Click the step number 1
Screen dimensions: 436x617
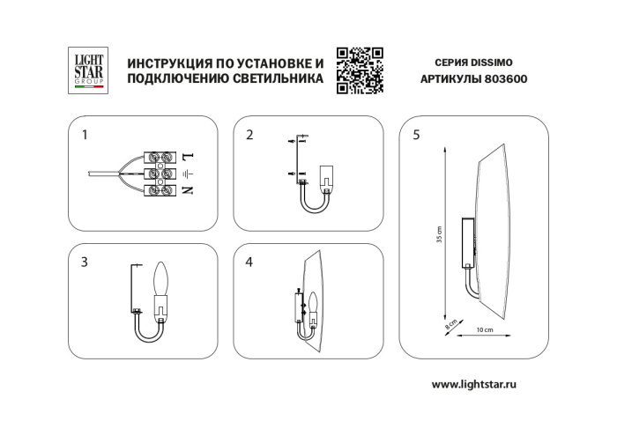85,136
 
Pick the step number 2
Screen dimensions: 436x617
249,136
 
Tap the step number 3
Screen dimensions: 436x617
84,262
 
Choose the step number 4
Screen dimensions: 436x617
249,262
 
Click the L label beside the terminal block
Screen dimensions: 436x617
188,156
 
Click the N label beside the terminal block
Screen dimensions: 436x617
188,189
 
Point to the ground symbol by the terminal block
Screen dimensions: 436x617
187,174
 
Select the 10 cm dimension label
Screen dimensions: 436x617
483,329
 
